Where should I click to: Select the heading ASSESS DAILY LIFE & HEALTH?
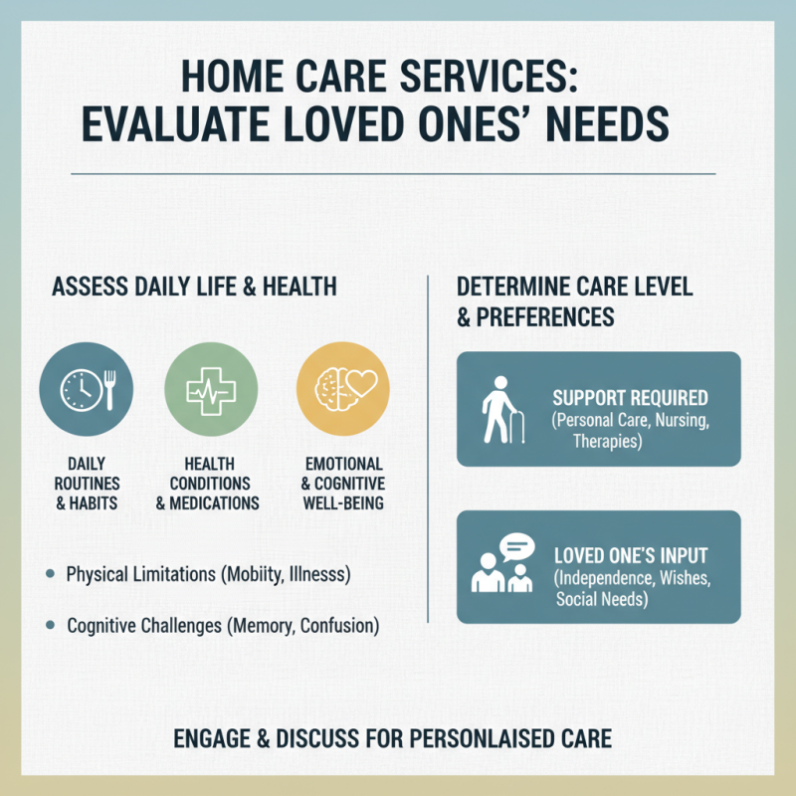[193, 288]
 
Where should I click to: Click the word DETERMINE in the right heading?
[524, 288]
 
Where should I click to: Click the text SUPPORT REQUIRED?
[630, 398]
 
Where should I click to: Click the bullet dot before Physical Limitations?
[51, 575]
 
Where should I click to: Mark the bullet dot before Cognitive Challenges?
[51, 626]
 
